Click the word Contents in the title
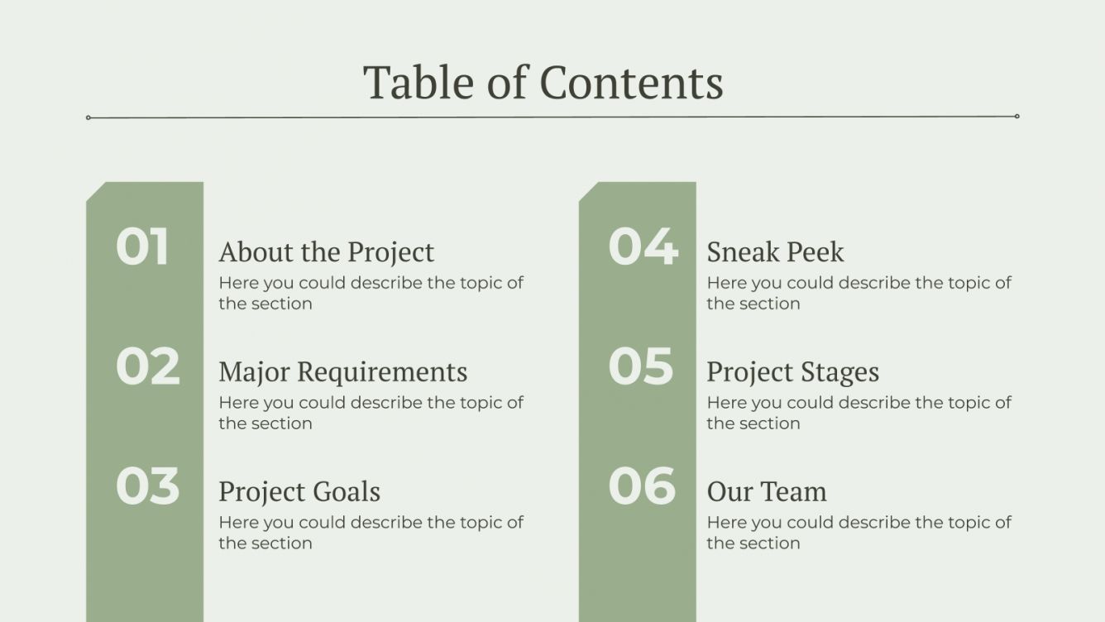(x=631, y=83)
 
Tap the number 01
(x=142, y=246)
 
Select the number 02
(x=147, y=366)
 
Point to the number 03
(x=147, y=486)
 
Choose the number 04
(x=643, y=246)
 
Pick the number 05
(x=641, y=366)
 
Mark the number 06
(x=642, y=486)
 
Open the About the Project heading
(x=326, y=251)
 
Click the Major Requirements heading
(x=342, y=371)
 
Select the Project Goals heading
(x=299, y=491)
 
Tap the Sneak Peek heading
(x=775, y=251)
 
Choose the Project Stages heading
(x=792, y=371)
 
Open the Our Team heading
(x=767, y=491)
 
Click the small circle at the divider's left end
(x=88, y=117)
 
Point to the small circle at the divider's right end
(x=1017, y=117)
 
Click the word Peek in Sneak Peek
(x=815, y=251)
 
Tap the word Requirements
(x=382, y=371)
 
